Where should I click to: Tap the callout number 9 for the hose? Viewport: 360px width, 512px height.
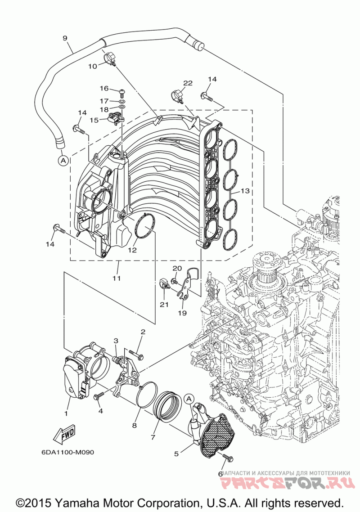coord(65,38)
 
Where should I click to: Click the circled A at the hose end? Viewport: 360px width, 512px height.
coord(63,160)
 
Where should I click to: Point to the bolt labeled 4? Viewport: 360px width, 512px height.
coord(99,397)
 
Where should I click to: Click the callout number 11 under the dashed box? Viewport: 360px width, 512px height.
coord(117,278)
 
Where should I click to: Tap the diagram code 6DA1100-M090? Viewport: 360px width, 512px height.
coord(67,452)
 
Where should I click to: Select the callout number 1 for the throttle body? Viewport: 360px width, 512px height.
coord(66,414)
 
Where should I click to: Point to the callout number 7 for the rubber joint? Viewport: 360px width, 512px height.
coord(153,436)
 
